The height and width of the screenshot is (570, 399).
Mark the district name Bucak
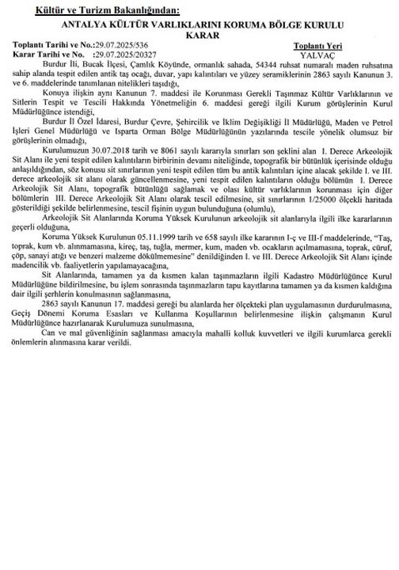tap(108, 66)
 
